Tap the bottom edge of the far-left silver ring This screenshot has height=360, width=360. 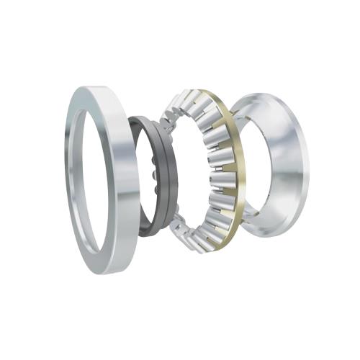coord(108,268)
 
